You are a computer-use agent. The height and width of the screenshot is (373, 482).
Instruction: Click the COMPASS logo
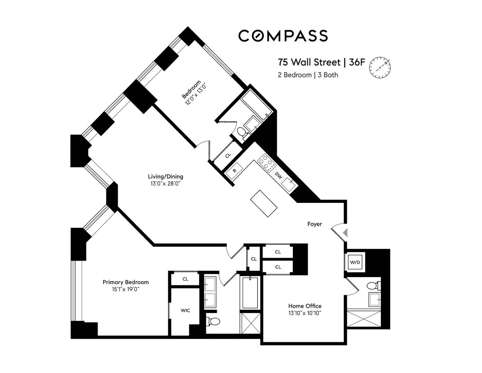pyautogui.click(x=283, y=36)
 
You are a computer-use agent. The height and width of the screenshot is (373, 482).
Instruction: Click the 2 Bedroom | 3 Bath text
pyautogui.click(x=308, y=75)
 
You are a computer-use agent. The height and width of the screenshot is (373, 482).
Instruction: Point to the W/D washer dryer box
pyautogui.click(x=355, y=262)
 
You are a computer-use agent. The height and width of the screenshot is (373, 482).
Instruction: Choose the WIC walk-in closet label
pyautogui.click(x=185, y=310)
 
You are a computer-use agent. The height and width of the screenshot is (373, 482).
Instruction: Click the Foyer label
pyautogui.click(x=314, y=224)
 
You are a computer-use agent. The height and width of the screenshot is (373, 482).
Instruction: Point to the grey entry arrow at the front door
pyautogui.click(x=345, y=233)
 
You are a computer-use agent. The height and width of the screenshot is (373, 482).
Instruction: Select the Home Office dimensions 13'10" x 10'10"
pyautogui.click(x=304, y=313)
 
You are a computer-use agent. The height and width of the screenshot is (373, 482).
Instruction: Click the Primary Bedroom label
pyautogui.click(x=126, y=282)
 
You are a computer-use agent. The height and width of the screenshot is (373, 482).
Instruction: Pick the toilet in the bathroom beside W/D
pyautogui.click(x=372, y=286)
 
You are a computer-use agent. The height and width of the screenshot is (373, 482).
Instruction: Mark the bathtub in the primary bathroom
pyautogui.click(x=249, y=292)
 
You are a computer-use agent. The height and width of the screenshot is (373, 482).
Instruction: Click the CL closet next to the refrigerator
pyautogui.click(x=228, y=155)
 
